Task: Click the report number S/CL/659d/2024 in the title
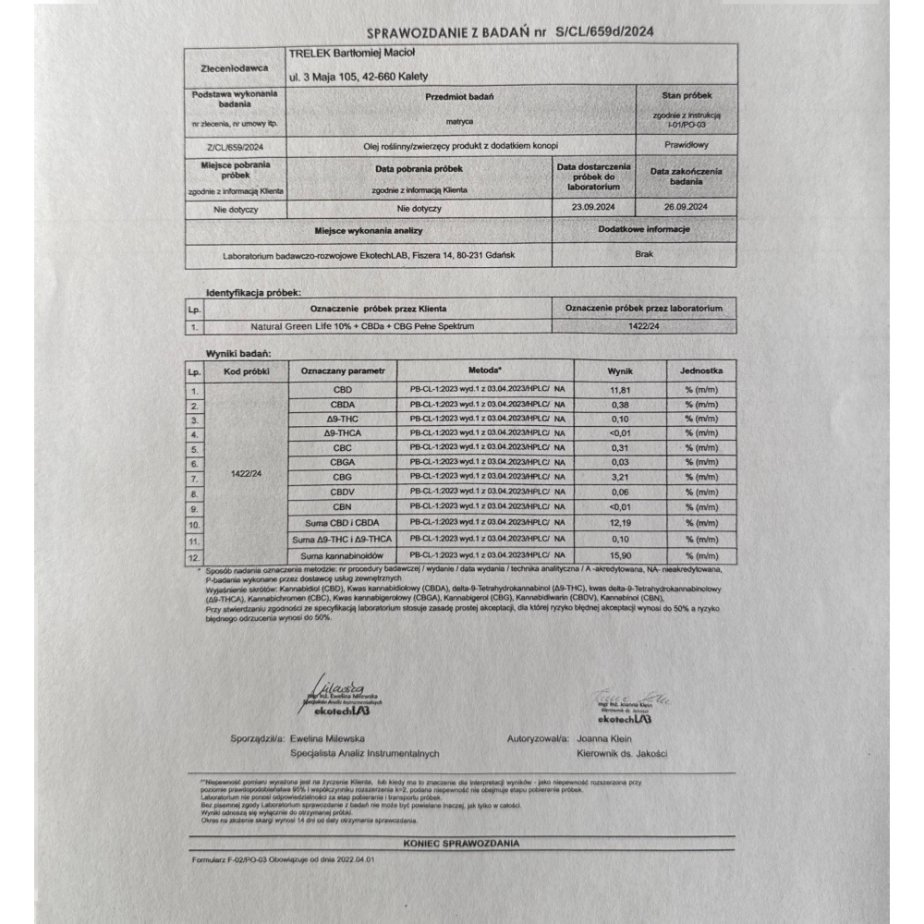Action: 606,31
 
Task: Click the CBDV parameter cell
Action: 342,493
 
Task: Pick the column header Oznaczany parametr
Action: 342,371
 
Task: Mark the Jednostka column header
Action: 701,371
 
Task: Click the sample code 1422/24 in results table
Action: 245,473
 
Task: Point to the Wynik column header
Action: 618,371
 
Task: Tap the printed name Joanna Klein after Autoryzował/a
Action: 602,739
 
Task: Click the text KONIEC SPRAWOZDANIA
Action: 461,844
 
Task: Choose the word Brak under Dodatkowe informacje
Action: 644,252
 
